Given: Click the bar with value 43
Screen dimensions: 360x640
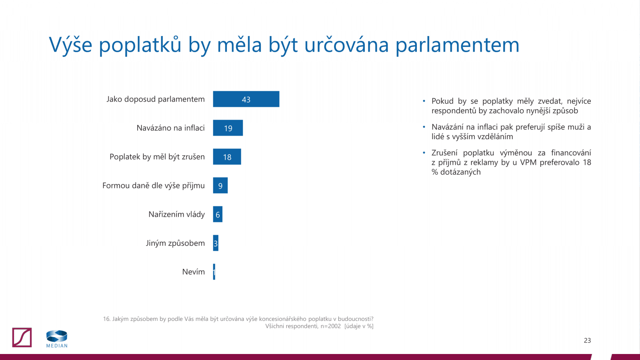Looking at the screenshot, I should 246,99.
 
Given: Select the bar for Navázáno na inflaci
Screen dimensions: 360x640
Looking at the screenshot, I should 228,128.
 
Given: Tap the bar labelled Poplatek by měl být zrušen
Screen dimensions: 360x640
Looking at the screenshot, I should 227,157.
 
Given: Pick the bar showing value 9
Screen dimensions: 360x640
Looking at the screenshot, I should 220,186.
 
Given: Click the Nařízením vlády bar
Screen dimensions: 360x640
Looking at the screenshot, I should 218,214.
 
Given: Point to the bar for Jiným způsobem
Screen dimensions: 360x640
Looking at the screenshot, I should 216,243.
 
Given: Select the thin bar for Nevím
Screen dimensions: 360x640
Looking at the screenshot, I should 214,272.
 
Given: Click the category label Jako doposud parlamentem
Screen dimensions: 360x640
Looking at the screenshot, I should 155,99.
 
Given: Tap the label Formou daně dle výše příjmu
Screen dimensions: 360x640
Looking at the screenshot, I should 153,186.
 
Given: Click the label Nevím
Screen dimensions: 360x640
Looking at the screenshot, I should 193,272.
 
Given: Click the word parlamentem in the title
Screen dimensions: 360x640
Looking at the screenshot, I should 457,45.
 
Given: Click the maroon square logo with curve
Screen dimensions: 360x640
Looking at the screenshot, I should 22,338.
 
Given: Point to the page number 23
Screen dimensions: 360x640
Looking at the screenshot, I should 587,340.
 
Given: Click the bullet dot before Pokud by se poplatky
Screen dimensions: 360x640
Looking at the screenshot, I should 424,101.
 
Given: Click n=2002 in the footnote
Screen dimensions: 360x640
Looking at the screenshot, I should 330,326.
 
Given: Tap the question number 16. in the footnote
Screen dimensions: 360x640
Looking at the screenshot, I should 106,319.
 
